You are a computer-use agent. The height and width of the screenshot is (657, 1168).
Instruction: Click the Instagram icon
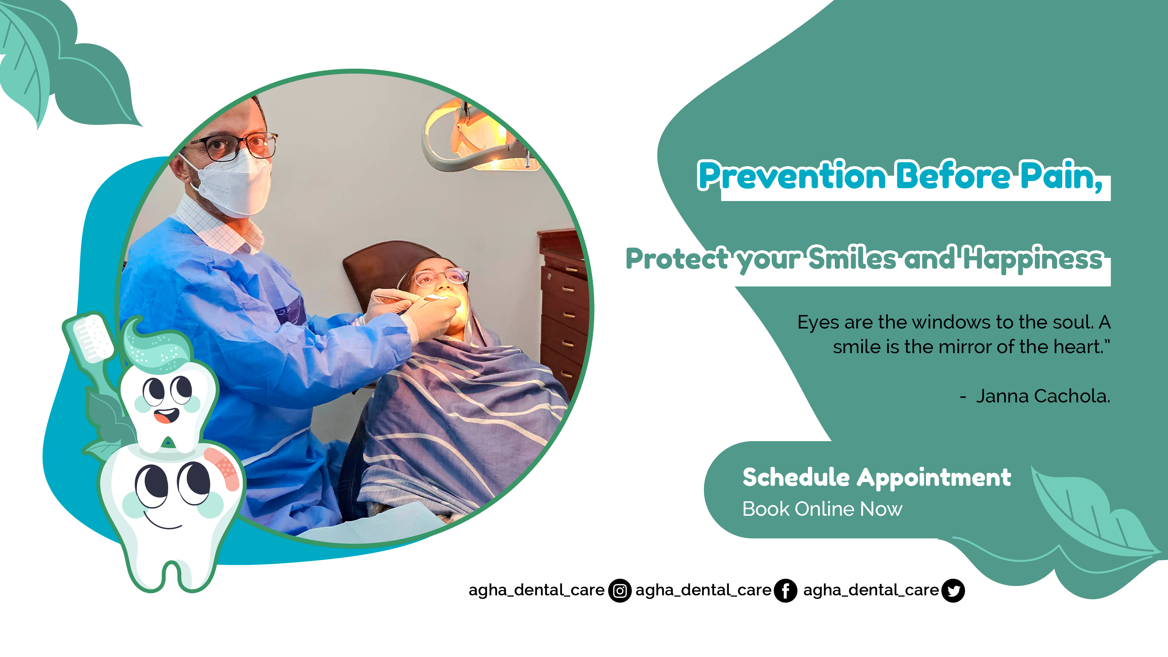[x=619, y=590]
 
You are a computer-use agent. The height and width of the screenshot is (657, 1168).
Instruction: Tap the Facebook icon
[x=785, y=590]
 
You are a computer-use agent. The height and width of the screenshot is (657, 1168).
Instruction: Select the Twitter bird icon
[x=953, y=590]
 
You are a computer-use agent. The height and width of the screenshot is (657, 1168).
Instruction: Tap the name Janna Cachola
[x=1043, y=396]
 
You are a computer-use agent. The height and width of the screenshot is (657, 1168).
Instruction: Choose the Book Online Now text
[x=822, y=509]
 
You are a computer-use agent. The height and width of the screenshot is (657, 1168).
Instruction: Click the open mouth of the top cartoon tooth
[x=167, y=415]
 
